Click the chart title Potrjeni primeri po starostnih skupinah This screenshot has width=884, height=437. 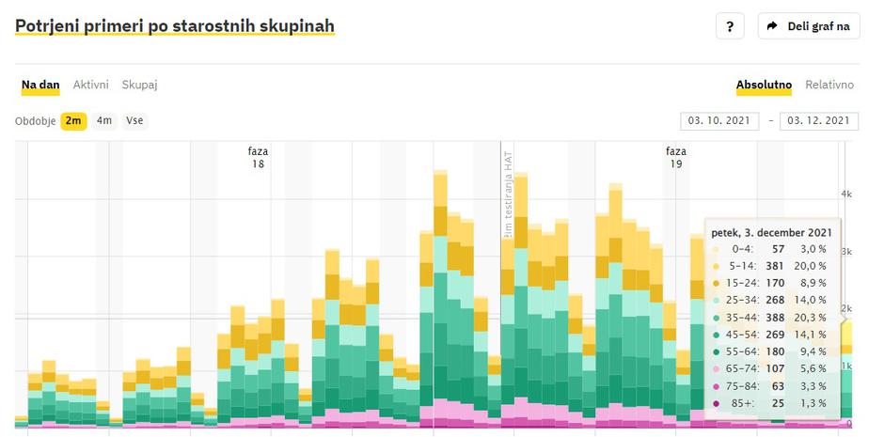(x=175, y=26)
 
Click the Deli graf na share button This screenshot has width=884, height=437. (x=809, y=26)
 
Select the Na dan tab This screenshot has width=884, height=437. (x=40, y=85)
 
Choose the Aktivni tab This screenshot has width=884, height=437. (x=91, y=85)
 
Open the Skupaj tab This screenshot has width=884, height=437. (x=139, y=85)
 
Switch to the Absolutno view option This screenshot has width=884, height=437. (x=764, y=85)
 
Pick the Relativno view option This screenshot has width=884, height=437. (x=829, y=85)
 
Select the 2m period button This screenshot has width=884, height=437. (x=73, y=120)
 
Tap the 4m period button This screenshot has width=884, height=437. (x=103, y=120)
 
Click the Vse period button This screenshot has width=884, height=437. (x=134, y=120)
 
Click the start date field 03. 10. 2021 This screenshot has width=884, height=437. (x=718, y=121)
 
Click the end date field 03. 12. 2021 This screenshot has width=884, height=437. (x=818, y=121)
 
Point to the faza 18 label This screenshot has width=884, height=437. (x=257, y=157)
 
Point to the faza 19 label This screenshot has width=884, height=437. (x=675, y=157)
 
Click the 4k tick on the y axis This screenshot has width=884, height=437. (x=845, y=194)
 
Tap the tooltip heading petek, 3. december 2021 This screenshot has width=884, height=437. (x=771, y=233)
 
